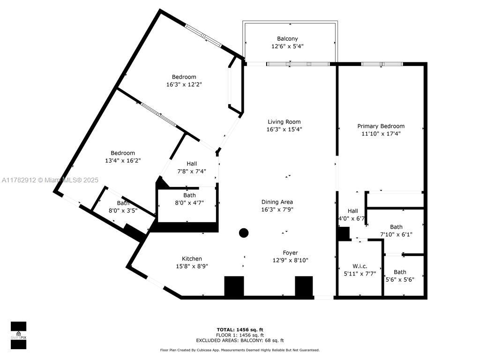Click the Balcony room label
(x=287, y=39)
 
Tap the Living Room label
(x=284, y=122)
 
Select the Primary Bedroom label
(x=381, y=126)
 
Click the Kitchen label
(x=192, y=259)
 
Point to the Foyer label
(x=290, y=253)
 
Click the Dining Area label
(x=277, y=202)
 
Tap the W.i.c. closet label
(x=360, y=266)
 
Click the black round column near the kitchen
(x=244, y=233)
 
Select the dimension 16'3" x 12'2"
(x=184, y=84)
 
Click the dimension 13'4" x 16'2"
(x=123, y=160)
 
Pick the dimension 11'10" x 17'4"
(x=381, y=134)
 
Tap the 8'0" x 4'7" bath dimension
(x=189, y=202)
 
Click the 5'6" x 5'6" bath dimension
(x=400, y=279)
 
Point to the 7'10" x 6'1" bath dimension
(x=396, y=234)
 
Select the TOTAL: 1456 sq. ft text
(x=240, y=330)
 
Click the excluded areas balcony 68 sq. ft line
(x=240, y=340)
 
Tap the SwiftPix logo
(x=18, y=335)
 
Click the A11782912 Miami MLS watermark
(x=50, y=180)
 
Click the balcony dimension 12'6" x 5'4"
(x=287, y=46)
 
